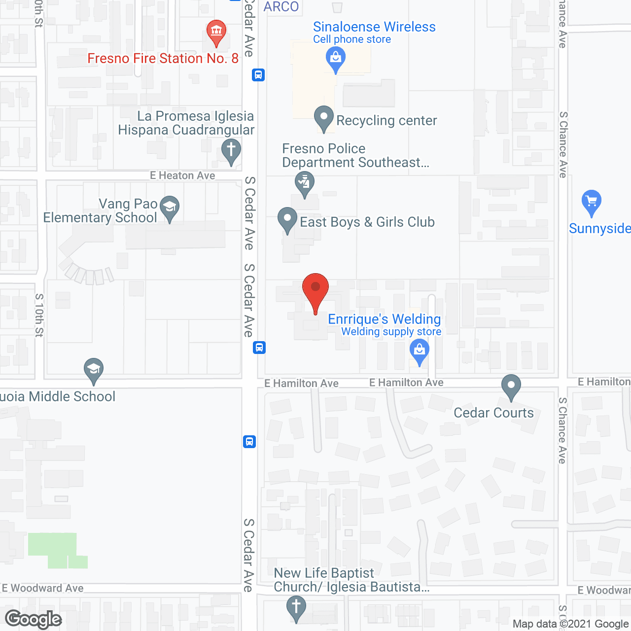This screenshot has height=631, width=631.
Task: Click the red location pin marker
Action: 315,288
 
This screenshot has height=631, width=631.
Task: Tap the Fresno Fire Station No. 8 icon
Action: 216,32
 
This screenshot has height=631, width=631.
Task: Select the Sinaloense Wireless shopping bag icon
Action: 336,58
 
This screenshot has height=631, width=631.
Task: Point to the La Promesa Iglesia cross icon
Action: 231,149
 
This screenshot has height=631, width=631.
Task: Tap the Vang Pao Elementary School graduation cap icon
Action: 170,208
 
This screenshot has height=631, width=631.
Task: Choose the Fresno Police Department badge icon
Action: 305,183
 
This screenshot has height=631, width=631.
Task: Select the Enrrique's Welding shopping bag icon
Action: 420,351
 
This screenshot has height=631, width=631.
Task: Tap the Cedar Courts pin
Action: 511,386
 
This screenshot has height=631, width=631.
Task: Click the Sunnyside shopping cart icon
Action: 591,202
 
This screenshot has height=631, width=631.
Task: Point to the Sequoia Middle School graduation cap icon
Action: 93,369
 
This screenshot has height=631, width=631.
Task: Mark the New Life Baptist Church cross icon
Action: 296,607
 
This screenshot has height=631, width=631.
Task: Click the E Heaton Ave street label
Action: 182,175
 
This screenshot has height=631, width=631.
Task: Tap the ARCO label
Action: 281,7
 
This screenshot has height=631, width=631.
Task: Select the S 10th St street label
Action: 39,315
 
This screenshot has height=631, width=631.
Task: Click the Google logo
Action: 34,619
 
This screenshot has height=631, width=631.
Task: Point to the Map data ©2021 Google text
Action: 570,624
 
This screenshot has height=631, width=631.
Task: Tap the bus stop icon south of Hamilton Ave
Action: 249,441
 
